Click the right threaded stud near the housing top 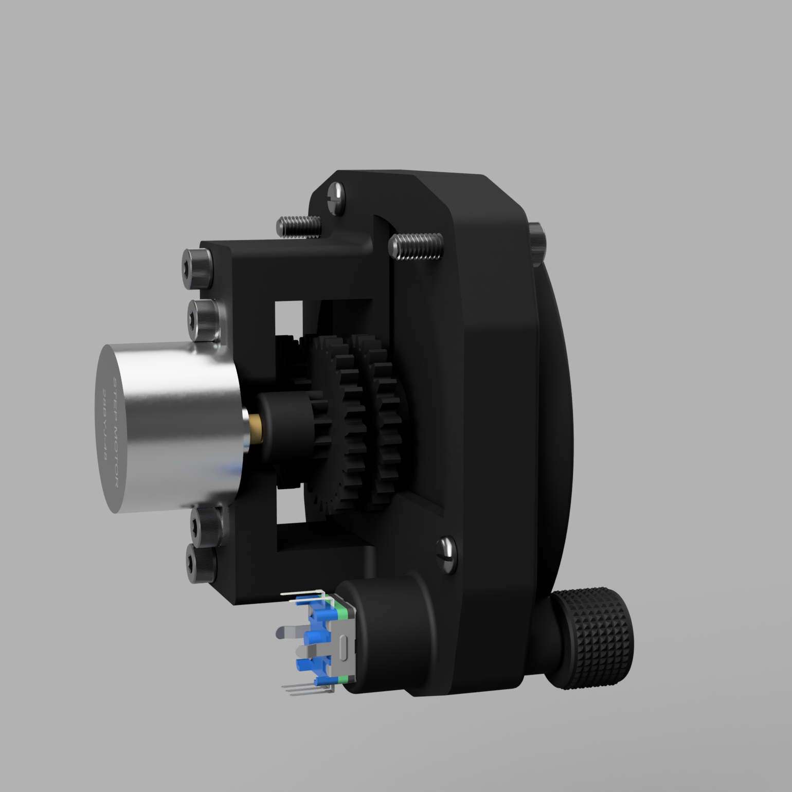coord(417,246)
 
